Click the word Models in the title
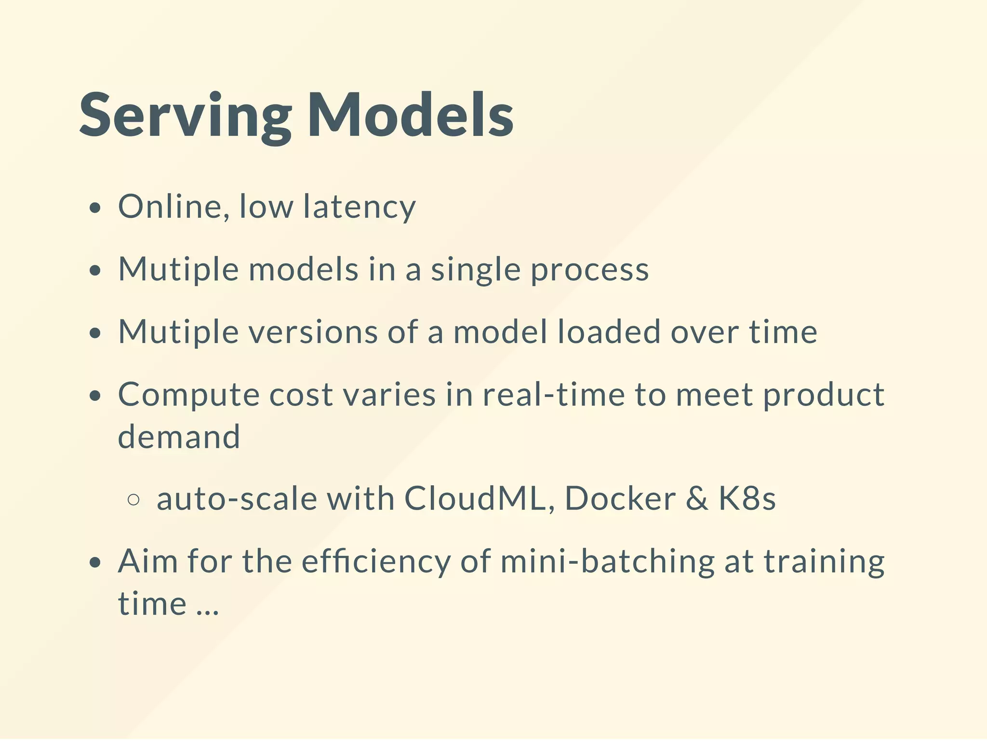[410, 116]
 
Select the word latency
[359, 208]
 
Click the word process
[589, 270]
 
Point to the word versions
[313, 332]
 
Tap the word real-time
[553, 395]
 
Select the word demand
[179, 437]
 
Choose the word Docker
[620, 498]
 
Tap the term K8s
[747, 498]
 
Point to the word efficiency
[376, 562]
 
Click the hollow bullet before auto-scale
[133, 500]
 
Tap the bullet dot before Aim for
[95, 563]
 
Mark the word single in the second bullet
[475, 270]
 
